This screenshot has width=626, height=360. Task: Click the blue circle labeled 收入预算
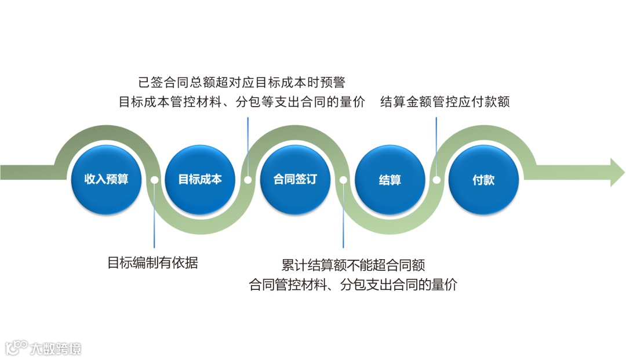[x=106, y=180]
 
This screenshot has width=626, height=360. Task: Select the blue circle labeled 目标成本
[x=200, y=180]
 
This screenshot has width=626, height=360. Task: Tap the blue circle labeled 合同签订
[x=295, y=180]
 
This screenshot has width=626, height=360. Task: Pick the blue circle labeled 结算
[x=390, y=180]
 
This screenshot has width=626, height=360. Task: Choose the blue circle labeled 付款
[x=483, y=180]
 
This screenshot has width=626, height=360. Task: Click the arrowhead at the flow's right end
[x=617, y=172]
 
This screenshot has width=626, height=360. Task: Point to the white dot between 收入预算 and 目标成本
[x=154, y=180]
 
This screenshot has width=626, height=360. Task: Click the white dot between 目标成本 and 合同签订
[x=248, y=180]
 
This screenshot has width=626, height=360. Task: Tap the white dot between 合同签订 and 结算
[x=343, y=180]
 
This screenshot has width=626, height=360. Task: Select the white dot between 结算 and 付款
[x=436, y=180]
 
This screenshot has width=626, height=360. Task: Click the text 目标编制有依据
[x=153, y=263]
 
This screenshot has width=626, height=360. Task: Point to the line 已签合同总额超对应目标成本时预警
[x=242, y=82]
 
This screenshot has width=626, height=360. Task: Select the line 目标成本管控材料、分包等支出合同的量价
[x=242, y=102]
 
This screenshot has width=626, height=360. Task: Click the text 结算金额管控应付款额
[x=445, y=102]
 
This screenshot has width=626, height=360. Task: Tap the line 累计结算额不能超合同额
[x=353, y=266]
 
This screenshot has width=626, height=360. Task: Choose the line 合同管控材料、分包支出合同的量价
[x=352, y=285]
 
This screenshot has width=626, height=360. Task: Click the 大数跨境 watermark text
[x=56, y=348]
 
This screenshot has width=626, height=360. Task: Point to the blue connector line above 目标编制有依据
[x=154, y=220]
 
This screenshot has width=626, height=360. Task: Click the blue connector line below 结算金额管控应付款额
[x=436, y=145]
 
